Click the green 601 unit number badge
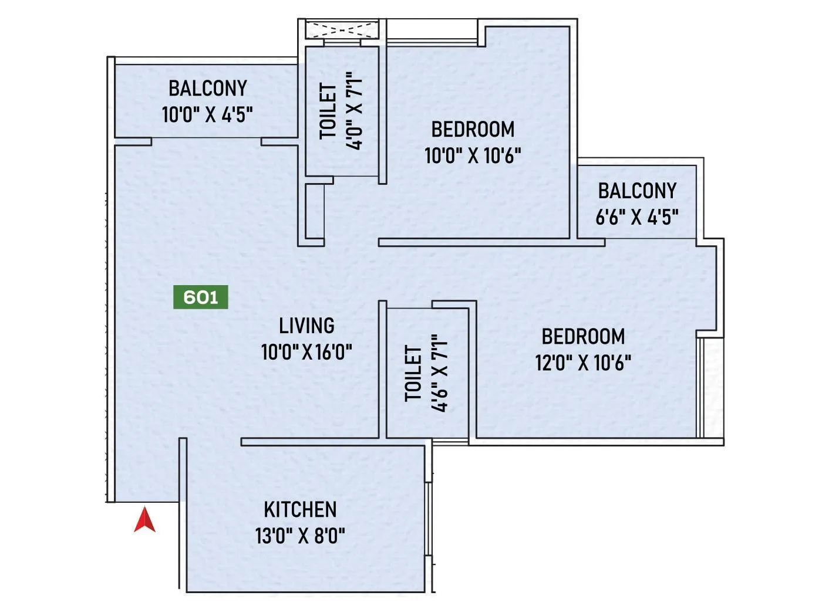coord(200,297)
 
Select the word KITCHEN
coord(300,509)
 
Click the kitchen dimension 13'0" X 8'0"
coord(300,536)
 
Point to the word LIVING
coord(306,325)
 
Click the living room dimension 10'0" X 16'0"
coord(306,352)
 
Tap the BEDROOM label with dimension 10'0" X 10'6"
coord(473,128)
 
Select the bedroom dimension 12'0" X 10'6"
coord(583,363)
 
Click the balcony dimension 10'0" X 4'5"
coord(207,114)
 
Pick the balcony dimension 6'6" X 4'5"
coord(637,218)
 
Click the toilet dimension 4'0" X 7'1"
coord(355,111)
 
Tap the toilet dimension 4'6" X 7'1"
coord(439,373)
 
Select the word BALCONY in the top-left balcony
coord(207,88)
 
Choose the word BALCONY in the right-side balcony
coord(637,191)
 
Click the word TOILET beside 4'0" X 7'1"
coord(328,111)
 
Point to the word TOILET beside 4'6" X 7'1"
coord(413,373)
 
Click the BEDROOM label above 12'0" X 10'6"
coord(583,336)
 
